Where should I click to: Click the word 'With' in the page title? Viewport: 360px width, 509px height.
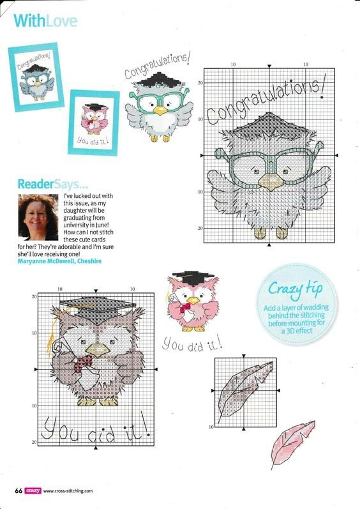tap(29, 21)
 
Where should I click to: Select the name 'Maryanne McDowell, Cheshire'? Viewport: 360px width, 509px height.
tap(59, 261)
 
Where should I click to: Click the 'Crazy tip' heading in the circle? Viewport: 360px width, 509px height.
tap(296, 289)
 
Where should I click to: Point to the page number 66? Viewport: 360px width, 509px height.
tap(19, 490)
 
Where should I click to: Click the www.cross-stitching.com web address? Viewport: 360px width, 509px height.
tap(68, 491)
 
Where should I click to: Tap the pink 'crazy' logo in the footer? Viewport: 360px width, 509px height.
tap(33, 490)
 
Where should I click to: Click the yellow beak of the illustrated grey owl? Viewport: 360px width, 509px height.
tap(160, 110)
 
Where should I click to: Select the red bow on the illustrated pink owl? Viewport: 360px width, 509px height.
tap(185, 307)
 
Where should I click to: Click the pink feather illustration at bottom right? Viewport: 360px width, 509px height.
tap(292, 444)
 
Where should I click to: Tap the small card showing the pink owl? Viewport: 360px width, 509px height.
tap(94, 123)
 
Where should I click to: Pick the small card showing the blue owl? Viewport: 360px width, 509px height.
tap(36, 77)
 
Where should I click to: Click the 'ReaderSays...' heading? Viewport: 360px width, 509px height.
tap(52, 184)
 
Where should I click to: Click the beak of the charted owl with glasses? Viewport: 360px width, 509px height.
tap(272, 183)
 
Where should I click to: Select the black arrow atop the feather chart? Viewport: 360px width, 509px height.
tap(244, 356)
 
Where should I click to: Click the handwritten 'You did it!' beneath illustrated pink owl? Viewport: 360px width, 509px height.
tap(192, 344)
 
